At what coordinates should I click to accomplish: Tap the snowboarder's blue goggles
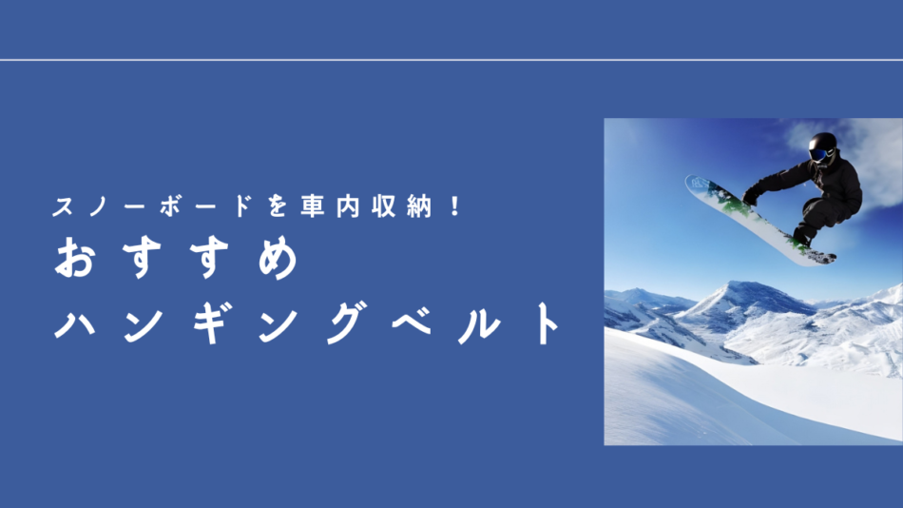point(819,154)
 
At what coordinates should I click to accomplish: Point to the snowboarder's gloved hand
point(750,198)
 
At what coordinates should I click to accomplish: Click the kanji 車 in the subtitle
point(312,205)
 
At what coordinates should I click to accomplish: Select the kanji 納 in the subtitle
point(418,205)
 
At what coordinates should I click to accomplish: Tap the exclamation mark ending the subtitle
point(456,205)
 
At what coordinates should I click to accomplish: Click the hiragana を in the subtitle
point(278,205)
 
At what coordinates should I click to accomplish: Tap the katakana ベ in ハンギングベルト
point(413,322)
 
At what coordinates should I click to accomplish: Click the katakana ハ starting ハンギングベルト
point(75,324)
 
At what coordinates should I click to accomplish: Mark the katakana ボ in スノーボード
point(171,205)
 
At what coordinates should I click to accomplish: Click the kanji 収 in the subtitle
point(383,205)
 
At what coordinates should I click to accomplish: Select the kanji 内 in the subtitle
point(348,205)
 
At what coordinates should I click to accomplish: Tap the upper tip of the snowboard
point(687,180)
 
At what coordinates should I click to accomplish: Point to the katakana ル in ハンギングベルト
point(479,323)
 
